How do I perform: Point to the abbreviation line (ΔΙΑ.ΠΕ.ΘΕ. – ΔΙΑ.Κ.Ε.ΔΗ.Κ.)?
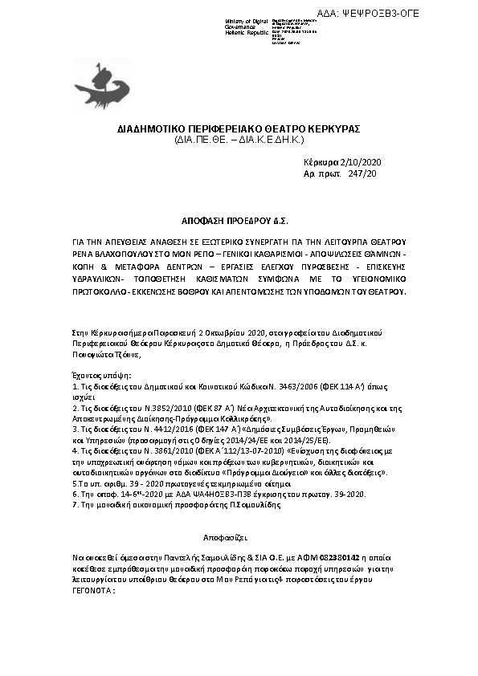(x=238, y=140)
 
